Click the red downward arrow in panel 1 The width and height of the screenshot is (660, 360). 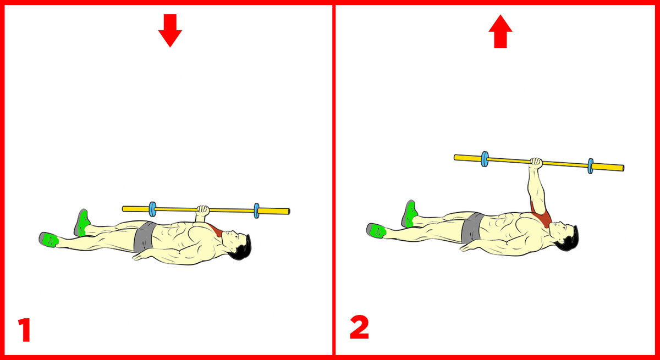(170, 30)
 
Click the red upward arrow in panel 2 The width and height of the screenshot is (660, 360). (501, 31)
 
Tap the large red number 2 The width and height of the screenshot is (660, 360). (359, 327)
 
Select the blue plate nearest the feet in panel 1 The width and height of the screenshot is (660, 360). (152, 209)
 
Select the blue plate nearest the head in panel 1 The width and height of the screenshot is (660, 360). (257, 211)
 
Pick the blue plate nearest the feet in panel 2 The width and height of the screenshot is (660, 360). (485, 159)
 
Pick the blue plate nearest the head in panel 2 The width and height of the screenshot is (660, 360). (591, 166)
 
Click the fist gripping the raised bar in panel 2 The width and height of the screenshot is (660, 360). (536, 163)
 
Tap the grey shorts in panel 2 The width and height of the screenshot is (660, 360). (472, 228)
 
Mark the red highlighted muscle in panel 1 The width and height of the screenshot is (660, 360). (216, 230)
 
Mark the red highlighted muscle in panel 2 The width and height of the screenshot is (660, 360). (542, 215)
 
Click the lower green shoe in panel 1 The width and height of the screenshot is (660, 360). (48, 239)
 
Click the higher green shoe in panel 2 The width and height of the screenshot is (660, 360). (410, 214)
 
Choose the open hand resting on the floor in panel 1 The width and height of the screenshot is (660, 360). (140, 256)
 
